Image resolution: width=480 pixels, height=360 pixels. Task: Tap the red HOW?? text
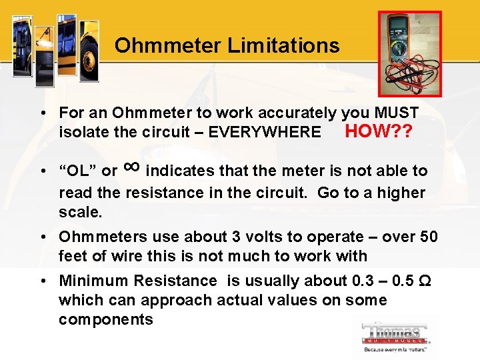click(379, 131)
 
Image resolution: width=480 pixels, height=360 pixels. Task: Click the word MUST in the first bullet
click(396, 113)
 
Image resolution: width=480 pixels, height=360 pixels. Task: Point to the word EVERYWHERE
click(265, 132)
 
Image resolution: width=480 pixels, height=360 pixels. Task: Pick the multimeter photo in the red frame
click(409, 53)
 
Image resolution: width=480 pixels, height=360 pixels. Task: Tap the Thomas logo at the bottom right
click(395, 336)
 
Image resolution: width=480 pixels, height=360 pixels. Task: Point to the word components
click(106, 319)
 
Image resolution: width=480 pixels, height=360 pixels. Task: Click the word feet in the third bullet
click(73, 256)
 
